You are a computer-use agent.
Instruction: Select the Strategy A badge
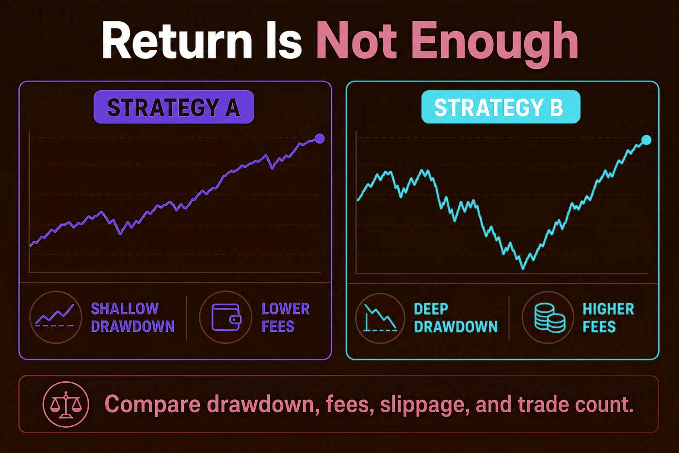click(x=174, y=107)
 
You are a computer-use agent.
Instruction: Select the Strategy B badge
click(x=501, y=107)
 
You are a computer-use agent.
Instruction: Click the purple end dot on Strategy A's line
click(x=320, y=139)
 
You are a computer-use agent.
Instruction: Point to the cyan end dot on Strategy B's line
click(x=646, y=140)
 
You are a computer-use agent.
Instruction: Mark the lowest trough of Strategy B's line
click(x=523, y=268)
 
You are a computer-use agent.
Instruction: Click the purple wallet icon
click(x=226, y=317)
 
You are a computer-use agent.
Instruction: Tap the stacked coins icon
click(x=550, y=318)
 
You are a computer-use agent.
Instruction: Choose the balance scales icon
click(x=66, y=404)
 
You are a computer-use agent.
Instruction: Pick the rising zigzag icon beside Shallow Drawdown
click(x=55, y=316)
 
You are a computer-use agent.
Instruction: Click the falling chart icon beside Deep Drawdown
click(x=380, y=318)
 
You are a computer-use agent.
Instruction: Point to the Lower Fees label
click(x=286, y=318)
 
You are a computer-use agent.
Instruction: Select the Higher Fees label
click(x=608, y=318)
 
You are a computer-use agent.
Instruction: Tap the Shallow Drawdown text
click(x=133, y=318)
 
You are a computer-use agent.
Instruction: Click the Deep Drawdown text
click(x=456, y=318)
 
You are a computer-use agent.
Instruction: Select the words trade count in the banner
click(x=576, y=404)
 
